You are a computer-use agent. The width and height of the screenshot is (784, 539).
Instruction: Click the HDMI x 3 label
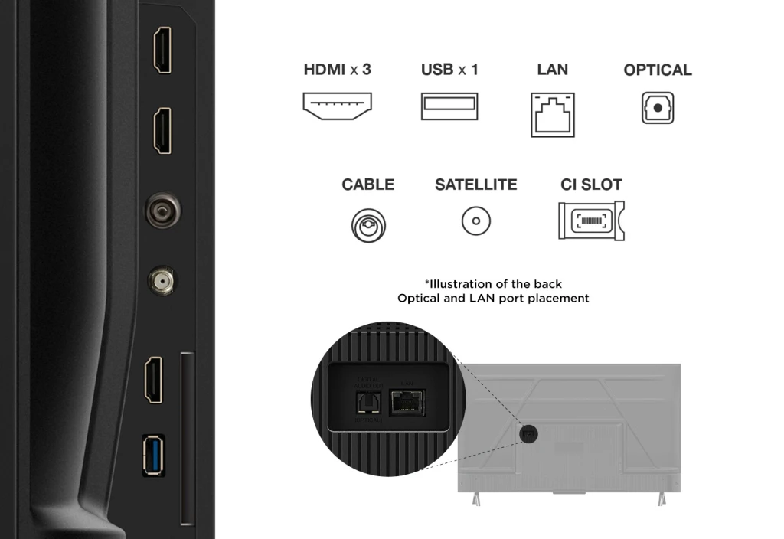[x=337, y=70]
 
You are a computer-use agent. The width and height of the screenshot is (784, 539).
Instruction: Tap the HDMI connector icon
[x=337, y=106]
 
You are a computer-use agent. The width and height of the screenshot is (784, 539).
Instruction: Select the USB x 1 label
[x=449, y=70]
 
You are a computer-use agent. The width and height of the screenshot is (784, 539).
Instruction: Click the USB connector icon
[x=449, y=106]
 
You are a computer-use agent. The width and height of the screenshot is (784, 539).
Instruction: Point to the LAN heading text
[x=552, y=70]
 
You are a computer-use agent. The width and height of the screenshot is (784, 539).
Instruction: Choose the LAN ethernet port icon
[x=553, y=115]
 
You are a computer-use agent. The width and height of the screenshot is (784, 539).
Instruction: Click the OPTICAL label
[x=658, y=70]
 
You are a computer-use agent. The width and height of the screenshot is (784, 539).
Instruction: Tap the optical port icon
[x=658, y=108]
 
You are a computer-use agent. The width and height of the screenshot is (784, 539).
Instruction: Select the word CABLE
[x=368, y=185]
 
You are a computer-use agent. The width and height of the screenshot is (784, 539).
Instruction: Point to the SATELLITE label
[x=475, y=185]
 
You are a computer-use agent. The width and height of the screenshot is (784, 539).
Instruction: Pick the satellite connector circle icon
[x=475, y=222]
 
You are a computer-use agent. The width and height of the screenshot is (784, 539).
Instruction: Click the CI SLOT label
[x=591, y=185]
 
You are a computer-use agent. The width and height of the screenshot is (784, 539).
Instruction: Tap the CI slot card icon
[x=591, y=221]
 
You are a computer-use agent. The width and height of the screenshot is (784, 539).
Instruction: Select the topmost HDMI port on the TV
[x=162, y=50]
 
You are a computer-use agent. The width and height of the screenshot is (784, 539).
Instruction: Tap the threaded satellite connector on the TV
[x=162, y=279]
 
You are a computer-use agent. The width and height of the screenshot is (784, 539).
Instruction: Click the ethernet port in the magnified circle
[x=408, y=401]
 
